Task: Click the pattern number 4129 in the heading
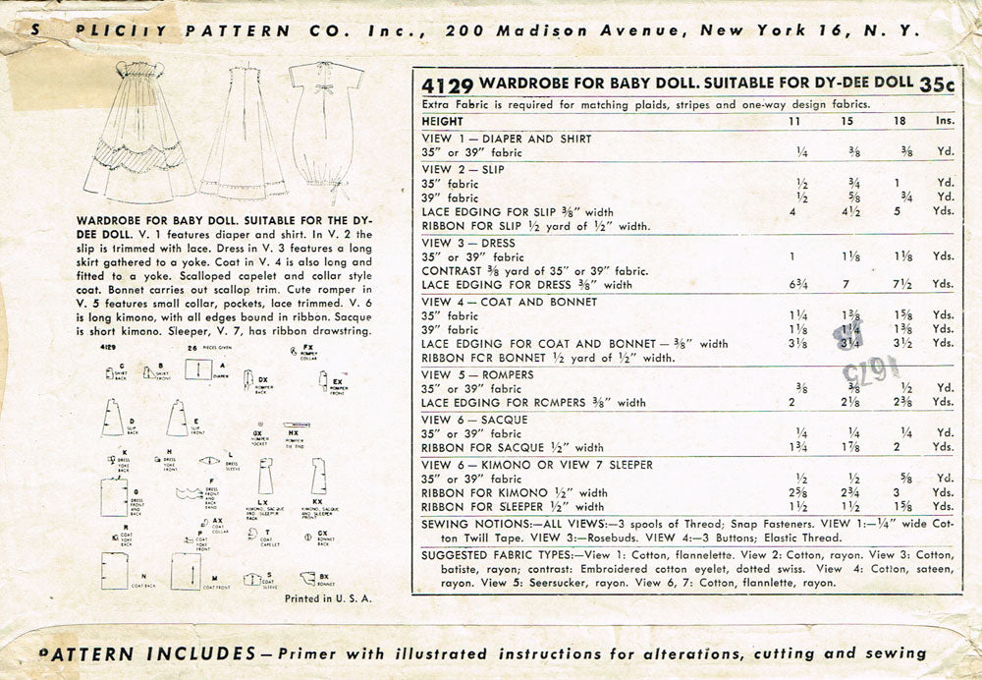tap(446, 84)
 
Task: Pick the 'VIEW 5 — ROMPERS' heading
tap(478, 373)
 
